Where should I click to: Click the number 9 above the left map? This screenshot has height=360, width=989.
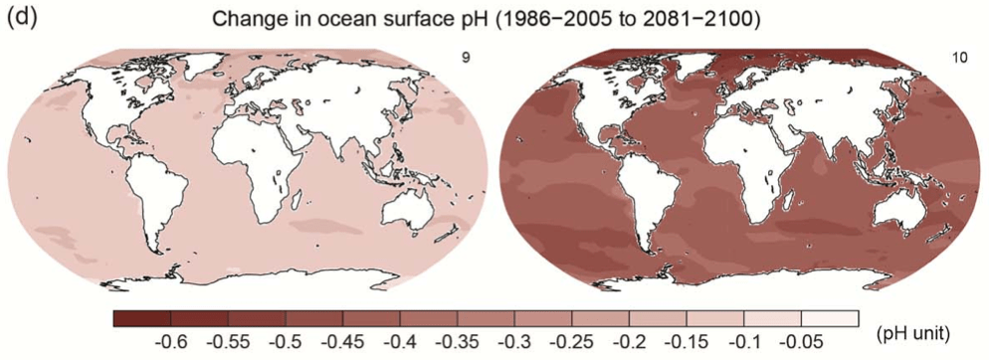click(x=466, y=59)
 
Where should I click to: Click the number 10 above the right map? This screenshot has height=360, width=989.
click(x=960, y=59)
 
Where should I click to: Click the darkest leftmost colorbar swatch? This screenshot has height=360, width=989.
click(x=142, y=318)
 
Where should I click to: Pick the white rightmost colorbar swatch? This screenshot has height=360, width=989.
click(x=830, y=318)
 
